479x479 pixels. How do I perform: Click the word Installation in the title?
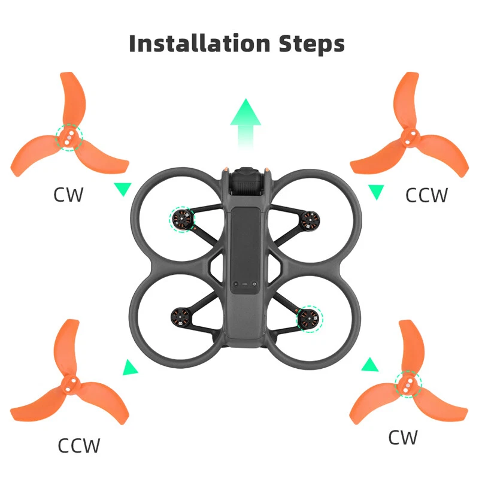pos(200,43)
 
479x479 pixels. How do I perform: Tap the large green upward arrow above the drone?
pos(245,125)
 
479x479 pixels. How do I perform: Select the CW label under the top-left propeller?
pos(68,195)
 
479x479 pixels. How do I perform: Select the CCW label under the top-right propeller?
pos(426,195)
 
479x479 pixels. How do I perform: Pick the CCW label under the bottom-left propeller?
pos(79,445)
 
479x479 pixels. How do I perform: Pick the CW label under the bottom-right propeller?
pos(402,437)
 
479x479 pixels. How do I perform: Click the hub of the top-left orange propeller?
pos(69,138)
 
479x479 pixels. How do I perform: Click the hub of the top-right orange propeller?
pos(410,138)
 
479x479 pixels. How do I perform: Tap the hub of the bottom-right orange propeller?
pos(408,384)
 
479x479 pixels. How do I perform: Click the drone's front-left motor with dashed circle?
pos(182,219)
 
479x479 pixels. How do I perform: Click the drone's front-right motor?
pos(310,220)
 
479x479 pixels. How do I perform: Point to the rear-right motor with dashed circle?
pos(310,319)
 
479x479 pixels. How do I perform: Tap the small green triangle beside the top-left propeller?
pos(123,188)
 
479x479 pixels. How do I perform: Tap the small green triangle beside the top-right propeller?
pos(376,191)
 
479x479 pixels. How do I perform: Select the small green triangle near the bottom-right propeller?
pos(370,365)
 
